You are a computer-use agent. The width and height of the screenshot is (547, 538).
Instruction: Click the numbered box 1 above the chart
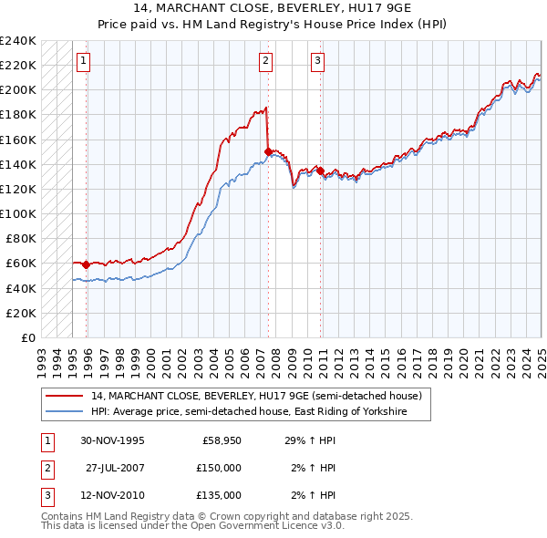point(83,61)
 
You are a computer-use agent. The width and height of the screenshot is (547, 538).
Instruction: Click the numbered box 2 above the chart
point(264,61)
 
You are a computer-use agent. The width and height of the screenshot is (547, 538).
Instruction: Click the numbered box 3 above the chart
point(317,61)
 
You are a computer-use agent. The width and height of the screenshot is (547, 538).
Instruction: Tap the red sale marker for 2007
point(268,151)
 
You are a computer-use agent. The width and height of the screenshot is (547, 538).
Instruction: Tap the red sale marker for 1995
point(86,264)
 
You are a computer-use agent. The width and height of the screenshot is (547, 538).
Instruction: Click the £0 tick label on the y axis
point(29,337)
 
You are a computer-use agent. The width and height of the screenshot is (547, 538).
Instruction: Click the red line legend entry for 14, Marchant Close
point(256,397)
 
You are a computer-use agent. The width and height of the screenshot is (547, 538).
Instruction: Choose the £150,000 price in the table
point(220,468)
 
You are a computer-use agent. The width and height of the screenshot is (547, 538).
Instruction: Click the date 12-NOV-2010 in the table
point(111,495)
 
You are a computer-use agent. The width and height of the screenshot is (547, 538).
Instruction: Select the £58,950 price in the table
point(222,440)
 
